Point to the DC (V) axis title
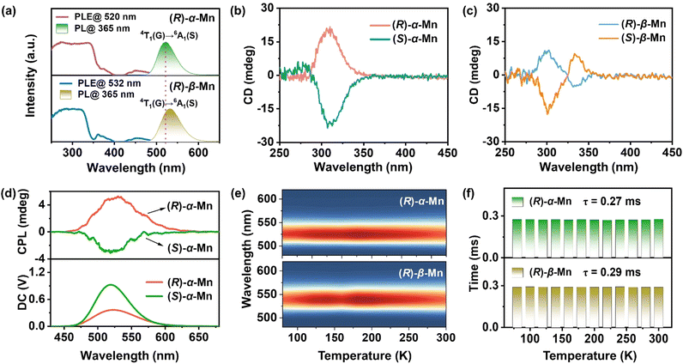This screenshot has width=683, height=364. (12, 295)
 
